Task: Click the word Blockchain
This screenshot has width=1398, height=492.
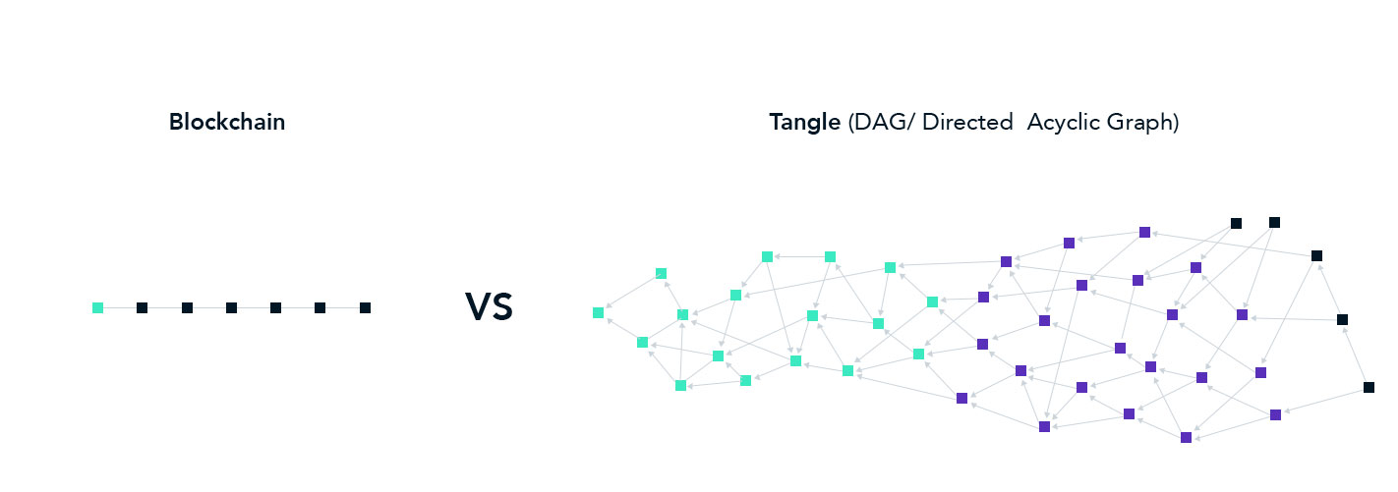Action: pyautogui.click(x=227, y=122)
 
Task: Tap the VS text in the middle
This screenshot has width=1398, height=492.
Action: pyautogui.click(x=490, y=306)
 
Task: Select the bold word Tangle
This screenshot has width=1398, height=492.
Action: pyautogui.click(x=804, y=122)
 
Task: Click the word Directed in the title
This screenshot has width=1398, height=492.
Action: pyautogui.click(x=967, y=122)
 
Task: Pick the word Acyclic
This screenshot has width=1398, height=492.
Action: pyautogui.click(x=1063, y=122)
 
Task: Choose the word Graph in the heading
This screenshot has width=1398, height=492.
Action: pyautogui.click(x=1139, y=123)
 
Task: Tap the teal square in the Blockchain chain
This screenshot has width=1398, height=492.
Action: pyautogui.click(x=98, y=308)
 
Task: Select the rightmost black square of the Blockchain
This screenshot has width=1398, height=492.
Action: pyautogui.click(x=365, y=308)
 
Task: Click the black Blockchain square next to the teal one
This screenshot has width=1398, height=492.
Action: pyautogui.click(x=143, y=308)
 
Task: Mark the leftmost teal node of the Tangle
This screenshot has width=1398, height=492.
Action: pyautogui.click(x=598, y=313)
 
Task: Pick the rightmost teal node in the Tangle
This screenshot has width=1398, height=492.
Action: pyautogui.click(x=932, y=301)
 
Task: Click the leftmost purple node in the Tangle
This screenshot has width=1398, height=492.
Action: pyautogui.click(x=961, y=398)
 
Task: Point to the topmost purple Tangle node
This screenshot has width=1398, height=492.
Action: pyautogui.click(x=1144, y=233)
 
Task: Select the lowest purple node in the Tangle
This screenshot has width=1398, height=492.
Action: pyautogui.click(x=1187, y=438)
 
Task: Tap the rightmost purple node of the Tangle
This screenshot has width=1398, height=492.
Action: pyautogui.click(x=1276, y=415)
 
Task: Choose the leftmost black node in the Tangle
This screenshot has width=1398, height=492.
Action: pyautogui.click(x=1237, y=223)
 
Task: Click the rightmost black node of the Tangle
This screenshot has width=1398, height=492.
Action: pyautogui.click(x=1369, y=387)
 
